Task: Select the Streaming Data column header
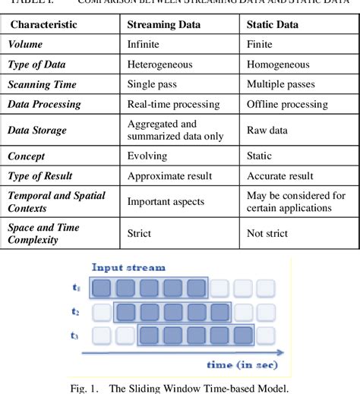164,25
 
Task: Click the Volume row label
25,45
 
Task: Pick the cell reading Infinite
144,45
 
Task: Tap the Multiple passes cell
283,84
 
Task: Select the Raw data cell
267,130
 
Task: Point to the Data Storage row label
37,130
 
